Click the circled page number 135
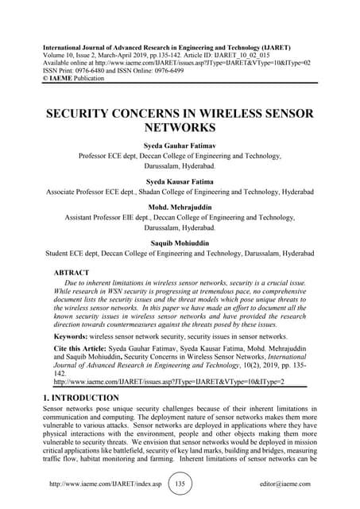(x=180, y=484)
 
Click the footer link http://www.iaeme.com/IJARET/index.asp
(x=106, y=484)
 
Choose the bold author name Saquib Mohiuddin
(x=180, y=242)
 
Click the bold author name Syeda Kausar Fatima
(x=180, y=181)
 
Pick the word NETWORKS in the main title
(x=180, y=126)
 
